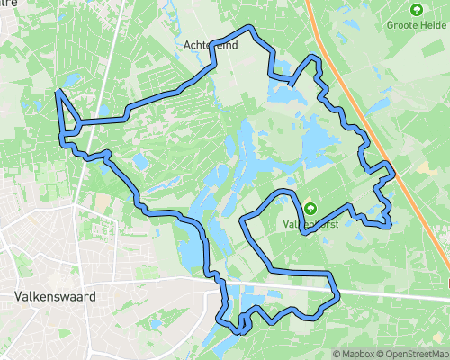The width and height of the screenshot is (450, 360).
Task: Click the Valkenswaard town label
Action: [x=55, y=295]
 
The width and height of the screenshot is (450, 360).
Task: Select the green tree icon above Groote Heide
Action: [x=416, y=10]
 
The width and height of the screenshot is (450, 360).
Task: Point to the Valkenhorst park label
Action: [x=310, y=224]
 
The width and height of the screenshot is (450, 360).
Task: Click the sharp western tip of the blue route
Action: [x=58, y=92]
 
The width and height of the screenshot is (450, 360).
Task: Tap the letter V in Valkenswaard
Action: [x=19, y=295]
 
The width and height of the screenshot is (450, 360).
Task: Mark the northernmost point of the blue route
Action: [x=253, y=28]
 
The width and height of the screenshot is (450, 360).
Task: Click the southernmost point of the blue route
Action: [x=238, y=332]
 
